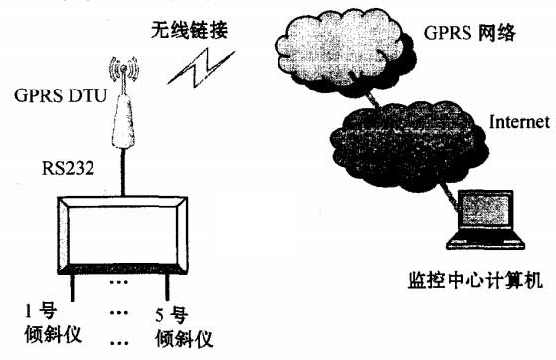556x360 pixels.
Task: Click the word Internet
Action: pos(518,122)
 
